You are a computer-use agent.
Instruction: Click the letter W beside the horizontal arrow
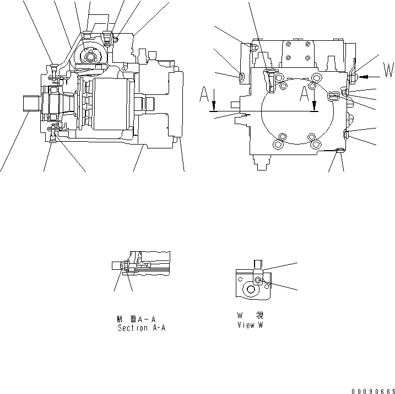(x=389, y=71)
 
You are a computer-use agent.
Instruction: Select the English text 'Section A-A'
(x=142, y=328)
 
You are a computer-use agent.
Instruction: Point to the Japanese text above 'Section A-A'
(x=135, y=318)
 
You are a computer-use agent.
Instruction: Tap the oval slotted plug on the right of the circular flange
(x=332, y=98)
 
